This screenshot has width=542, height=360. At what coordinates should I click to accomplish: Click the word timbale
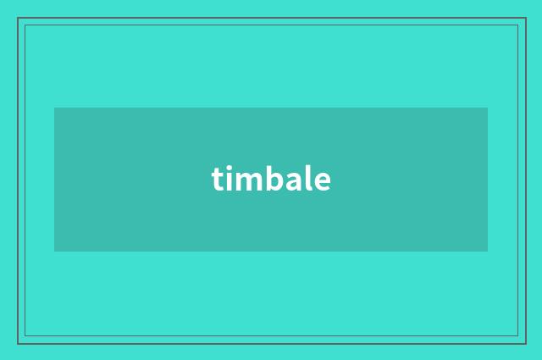coord(271,180)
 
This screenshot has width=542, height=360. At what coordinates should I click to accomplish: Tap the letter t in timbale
coord(218,180)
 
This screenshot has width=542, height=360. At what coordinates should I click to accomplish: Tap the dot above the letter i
coord(230,169)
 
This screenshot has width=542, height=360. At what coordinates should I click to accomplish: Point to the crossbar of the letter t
coord(218,174)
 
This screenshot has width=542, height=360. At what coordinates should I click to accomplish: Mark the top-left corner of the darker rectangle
coord(55,108)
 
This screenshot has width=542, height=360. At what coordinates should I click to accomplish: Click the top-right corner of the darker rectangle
coord(487,108)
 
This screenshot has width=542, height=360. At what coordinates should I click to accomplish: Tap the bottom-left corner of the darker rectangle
coord(55,251)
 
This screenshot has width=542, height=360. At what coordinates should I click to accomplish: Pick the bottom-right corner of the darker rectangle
coord(487,251)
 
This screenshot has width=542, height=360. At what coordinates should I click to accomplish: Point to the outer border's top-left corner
coord(18,18)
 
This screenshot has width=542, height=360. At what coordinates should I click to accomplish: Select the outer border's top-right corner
coord(525,18)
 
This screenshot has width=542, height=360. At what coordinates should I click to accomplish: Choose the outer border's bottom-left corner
coord(18,343)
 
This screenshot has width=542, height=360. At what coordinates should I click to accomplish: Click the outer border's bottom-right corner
coord(525,343)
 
